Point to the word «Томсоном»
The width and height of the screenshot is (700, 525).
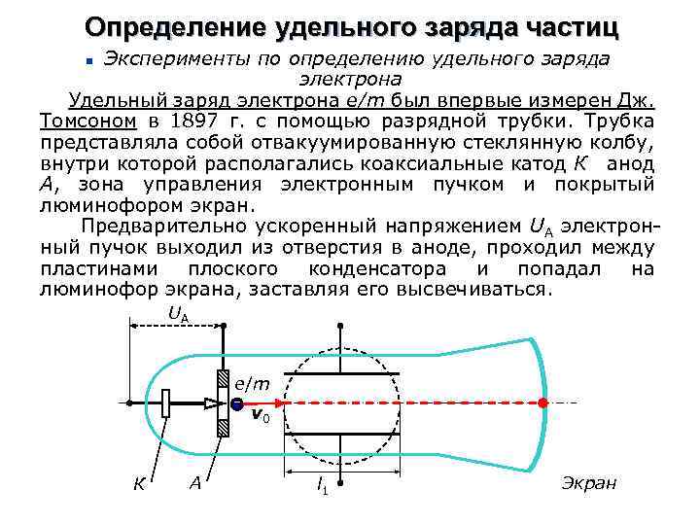click(87, 122)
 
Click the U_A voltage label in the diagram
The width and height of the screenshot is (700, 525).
click(178, 314)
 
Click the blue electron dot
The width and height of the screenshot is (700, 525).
click(237, 403)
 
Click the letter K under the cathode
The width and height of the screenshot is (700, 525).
click(139, 484)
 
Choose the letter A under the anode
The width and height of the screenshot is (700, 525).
click(195, 483)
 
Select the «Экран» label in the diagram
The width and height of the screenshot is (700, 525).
click(589, 483)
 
